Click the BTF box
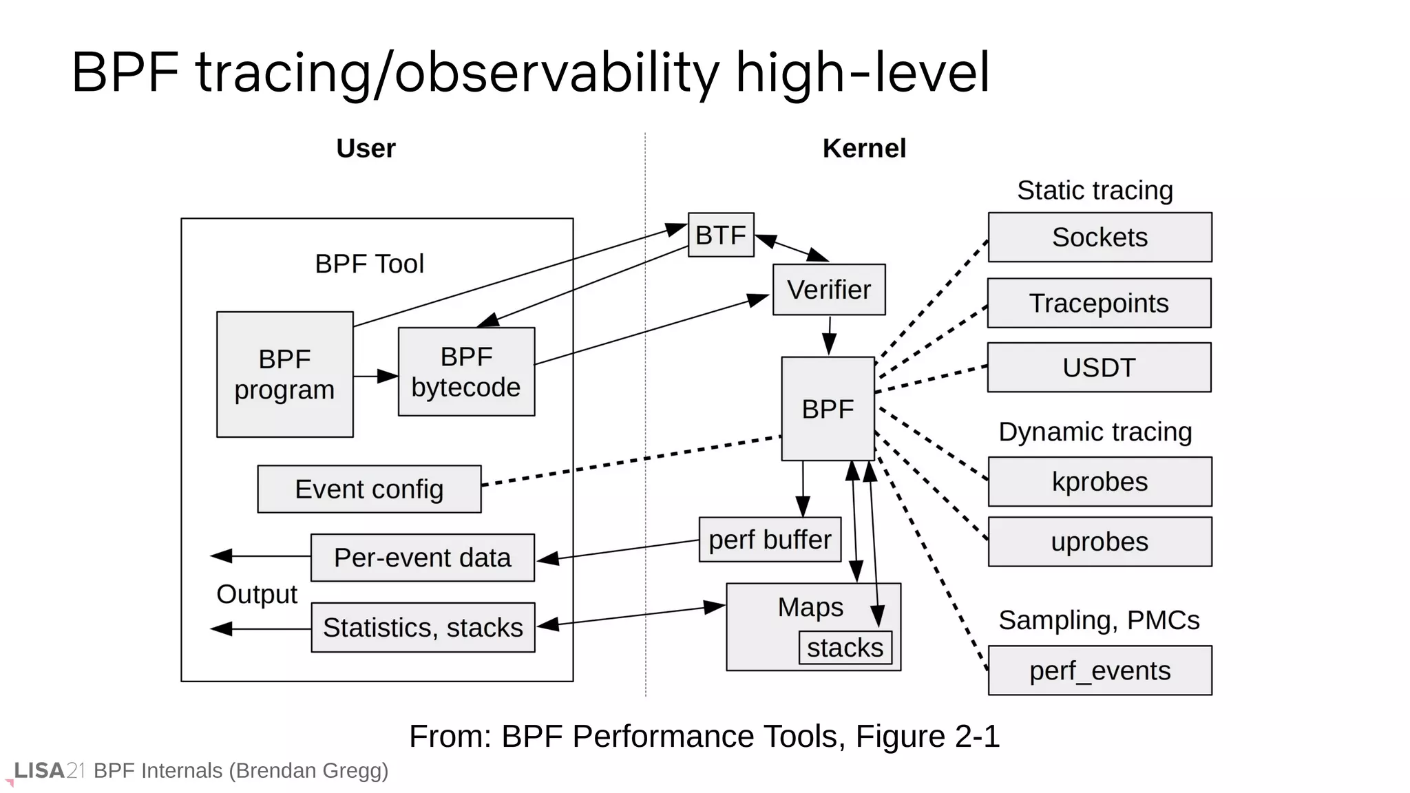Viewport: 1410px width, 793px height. [721, 235]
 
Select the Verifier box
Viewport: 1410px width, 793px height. [829, 290]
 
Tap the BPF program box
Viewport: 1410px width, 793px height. [284, 374]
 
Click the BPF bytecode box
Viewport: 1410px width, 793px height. [466, 372]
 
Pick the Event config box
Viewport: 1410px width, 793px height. [369, 489]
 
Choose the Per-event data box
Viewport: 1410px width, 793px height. [422, 558]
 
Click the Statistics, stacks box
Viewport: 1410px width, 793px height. [423, 628]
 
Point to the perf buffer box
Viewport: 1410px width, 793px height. [770, 540]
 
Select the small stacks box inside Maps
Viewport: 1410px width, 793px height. [845, 648]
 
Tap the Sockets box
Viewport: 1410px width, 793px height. [1099, 237]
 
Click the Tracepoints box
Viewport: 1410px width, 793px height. [1099, 303]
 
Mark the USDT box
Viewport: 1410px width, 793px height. [1099, 368]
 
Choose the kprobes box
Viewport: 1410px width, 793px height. [1099, 482]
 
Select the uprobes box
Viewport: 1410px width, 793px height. [1099, 542]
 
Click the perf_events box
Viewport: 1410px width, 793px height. [1099, 670]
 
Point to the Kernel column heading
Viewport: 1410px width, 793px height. [864, 149]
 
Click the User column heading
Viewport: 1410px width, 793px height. [366, 149]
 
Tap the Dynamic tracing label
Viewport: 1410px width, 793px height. [1095, 432]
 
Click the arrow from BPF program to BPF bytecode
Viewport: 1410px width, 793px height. [375, 376]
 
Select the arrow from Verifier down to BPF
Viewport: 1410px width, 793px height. [830, 335]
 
